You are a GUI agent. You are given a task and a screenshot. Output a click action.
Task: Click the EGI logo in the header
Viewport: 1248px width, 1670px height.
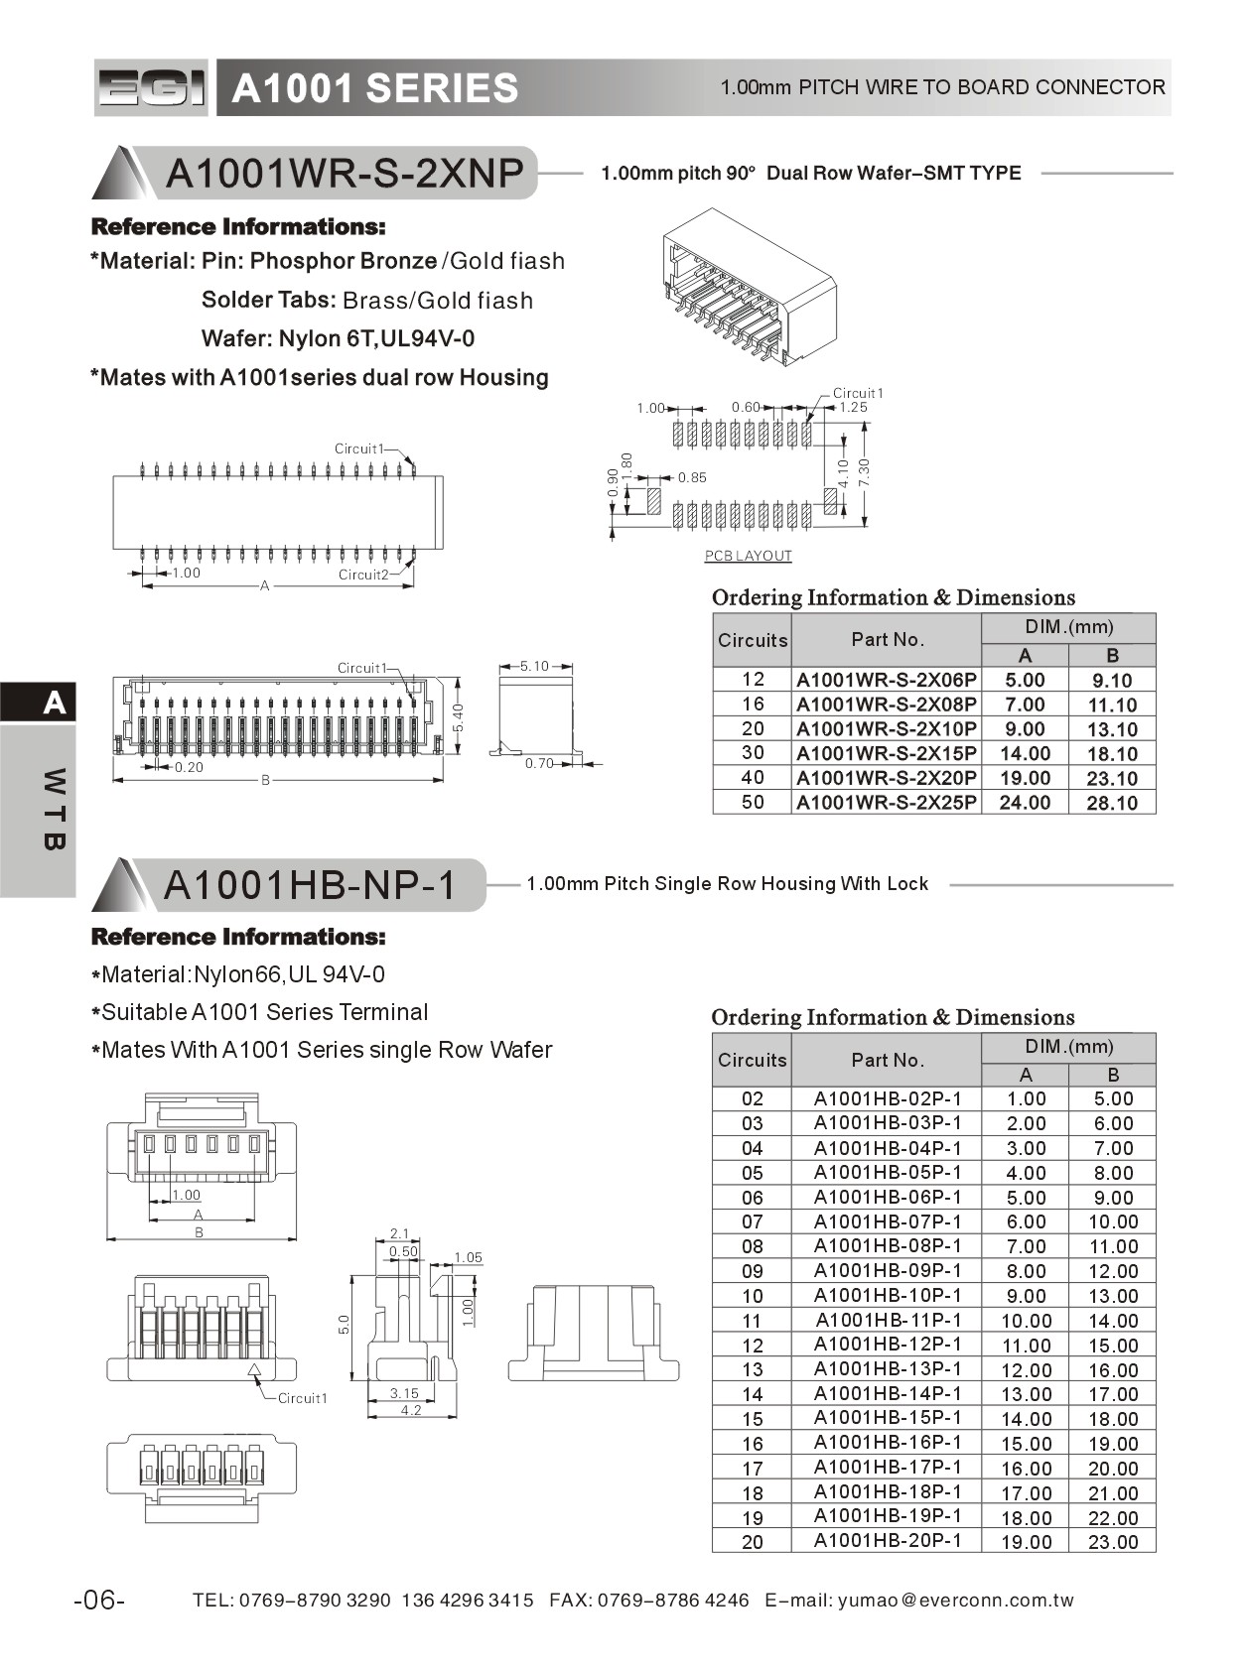pos(152,88)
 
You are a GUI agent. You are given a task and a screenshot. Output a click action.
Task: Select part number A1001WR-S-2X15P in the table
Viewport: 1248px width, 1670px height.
pos(886,754)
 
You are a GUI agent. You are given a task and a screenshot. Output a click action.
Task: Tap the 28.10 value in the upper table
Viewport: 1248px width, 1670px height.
pos(1111,803)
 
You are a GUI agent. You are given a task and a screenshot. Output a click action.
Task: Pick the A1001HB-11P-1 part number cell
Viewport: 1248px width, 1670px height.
pos(888,1321)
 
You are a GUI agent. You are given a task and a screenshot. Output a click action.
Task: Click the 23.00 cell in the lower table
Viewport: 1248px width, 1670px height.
pos(1112,1542)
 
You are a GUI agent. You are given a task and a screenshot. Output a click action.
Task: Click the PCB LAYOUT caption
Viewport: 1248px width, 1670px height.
pos(748,556)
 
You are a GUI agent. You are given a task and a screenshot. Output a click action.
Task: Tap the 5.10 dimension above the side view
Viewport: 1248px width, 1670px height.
pos(534,666)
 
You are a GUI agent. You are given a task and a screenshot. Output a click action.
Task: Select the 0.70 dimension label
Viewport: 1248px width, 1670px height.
pos(539,763)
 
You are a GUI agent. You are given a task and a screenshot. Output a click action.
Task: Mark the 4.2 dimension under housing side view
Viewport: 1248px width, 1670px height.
pos(410,1410)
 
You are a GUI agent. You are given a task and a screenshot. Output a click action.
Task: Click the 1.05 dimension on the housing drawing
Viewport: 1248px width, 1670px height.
pos(468,1257)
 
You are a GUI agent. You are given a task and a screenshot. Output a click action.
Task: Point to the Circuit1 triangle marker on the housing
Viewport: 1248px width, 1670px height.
pos(254,1371)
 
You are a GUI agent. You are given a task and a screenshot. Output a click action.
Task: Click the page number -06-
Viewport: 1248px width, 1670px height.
pos(99,1601)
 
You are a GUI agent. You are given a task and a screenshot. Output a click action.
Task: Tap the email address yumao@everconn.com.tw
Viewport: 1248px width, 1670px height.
pos(955,1601)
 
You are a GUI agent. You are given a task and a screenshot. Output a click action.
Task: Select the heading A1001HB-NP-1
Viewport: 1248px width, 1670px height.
pos(309,885)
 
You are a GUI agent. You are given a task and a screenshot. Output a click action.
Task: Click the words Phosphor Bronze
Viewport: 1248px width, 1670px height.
pos(343,261)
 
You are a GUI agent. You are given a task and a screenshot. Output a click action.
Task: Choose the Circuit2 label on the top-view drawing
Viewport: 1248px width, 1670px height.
pos(362,575)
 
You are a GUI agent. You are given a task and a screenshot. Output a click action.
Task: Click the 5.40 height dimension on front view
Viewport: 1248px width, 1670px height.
pos(458,716)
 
